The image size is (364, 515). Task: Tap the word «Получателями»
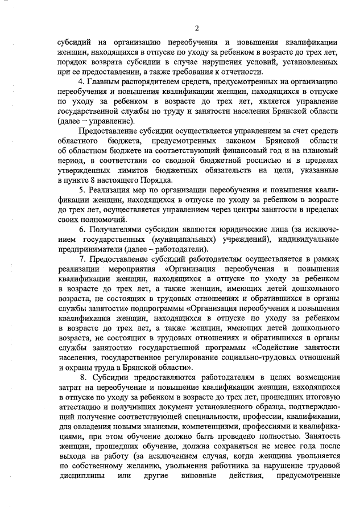pyautogui.click(x=120, y=234)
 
